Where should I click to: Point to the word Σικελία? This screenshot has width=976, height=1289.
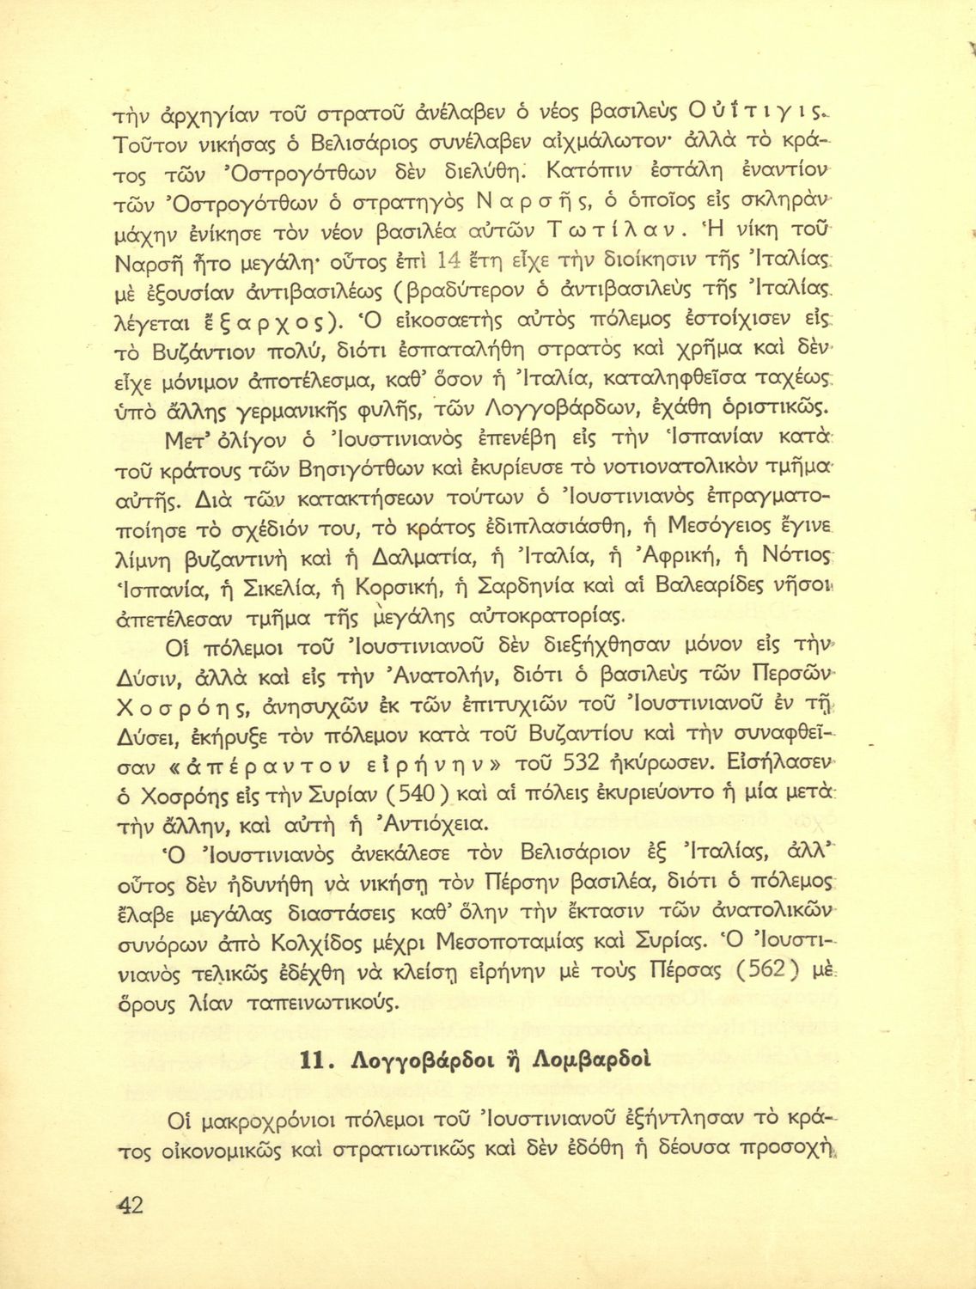click(x=278, y=590)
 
